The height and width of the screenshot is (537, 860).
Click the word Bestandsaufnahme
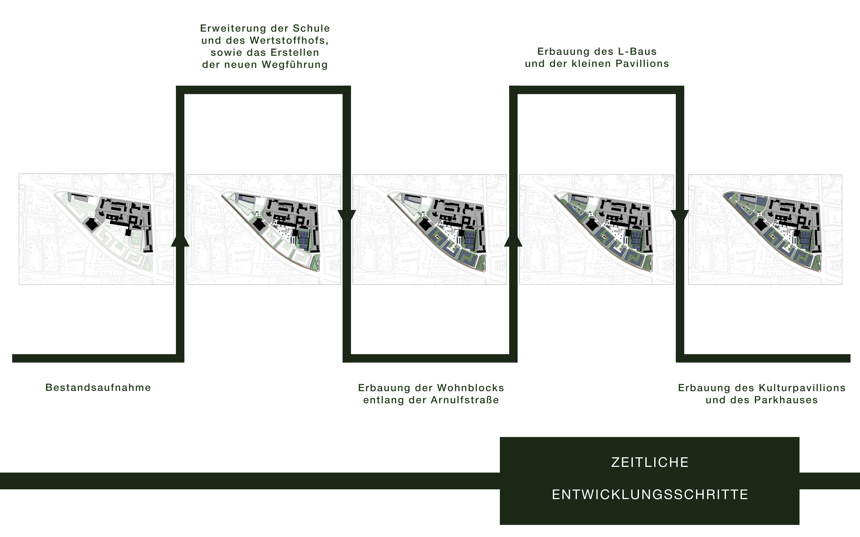tap(98, 387)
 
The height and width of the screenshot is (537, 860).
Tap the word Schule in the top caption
tap(311, 28)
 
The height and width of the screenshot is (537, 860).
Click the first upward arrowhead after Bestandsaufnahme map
tap(180, 238)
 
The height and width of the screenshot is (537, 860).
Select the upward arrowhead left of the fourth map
tap(513, 238)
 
